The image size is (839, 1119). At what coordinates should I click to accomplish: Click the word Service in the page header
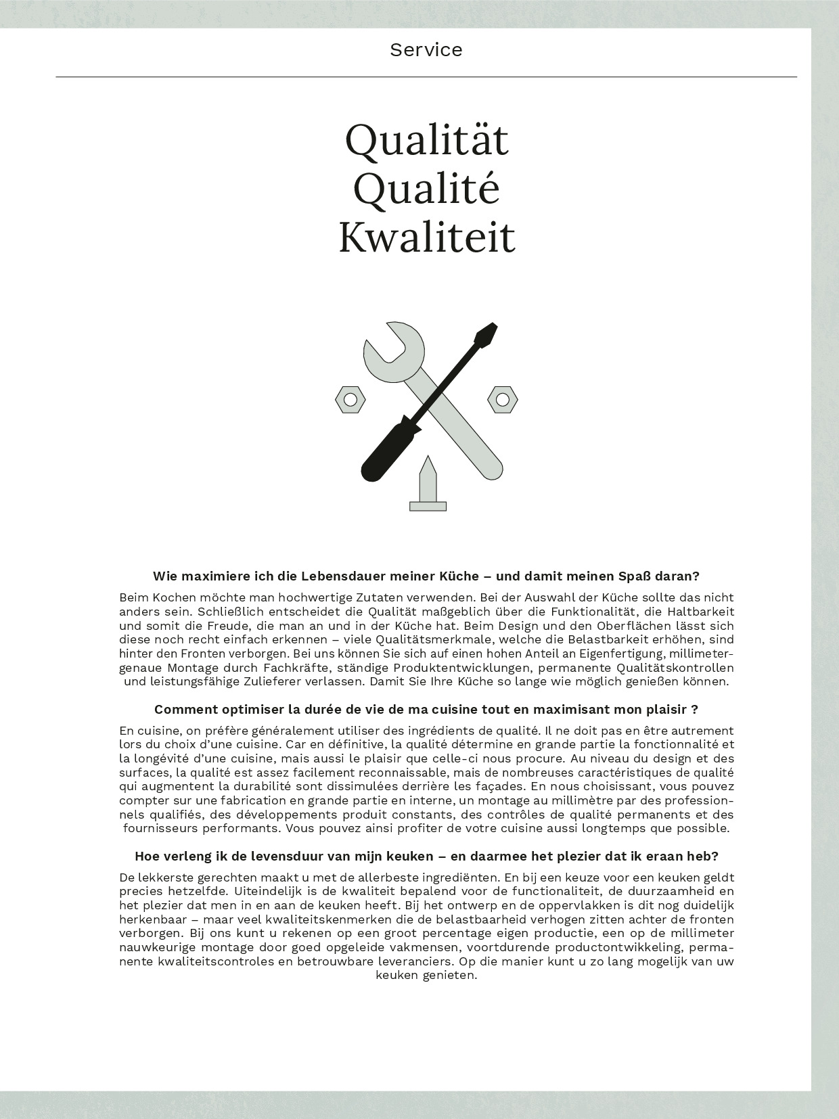[426, 50]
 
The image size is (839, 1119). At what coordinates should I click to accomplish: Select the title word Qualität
[426, 140]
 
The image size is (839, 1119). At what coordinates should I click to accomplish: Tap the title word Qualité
[426, 189]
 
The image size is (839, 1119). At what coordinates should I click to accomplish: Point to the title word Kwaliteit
[426, 237]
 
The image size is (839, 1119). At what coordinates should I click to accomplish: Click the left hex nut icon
[350, 400]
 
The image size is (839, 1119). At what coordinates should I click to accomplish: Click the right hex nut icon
[503, 400]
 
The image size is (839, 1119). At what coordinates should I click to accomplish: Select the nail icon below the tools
[428, 487]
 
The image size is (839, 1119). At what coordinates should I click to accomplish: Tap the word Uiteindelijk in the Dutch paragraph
[274, 891]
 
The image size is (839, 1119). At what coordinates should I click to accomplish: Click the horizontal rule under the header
[426, 77]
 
